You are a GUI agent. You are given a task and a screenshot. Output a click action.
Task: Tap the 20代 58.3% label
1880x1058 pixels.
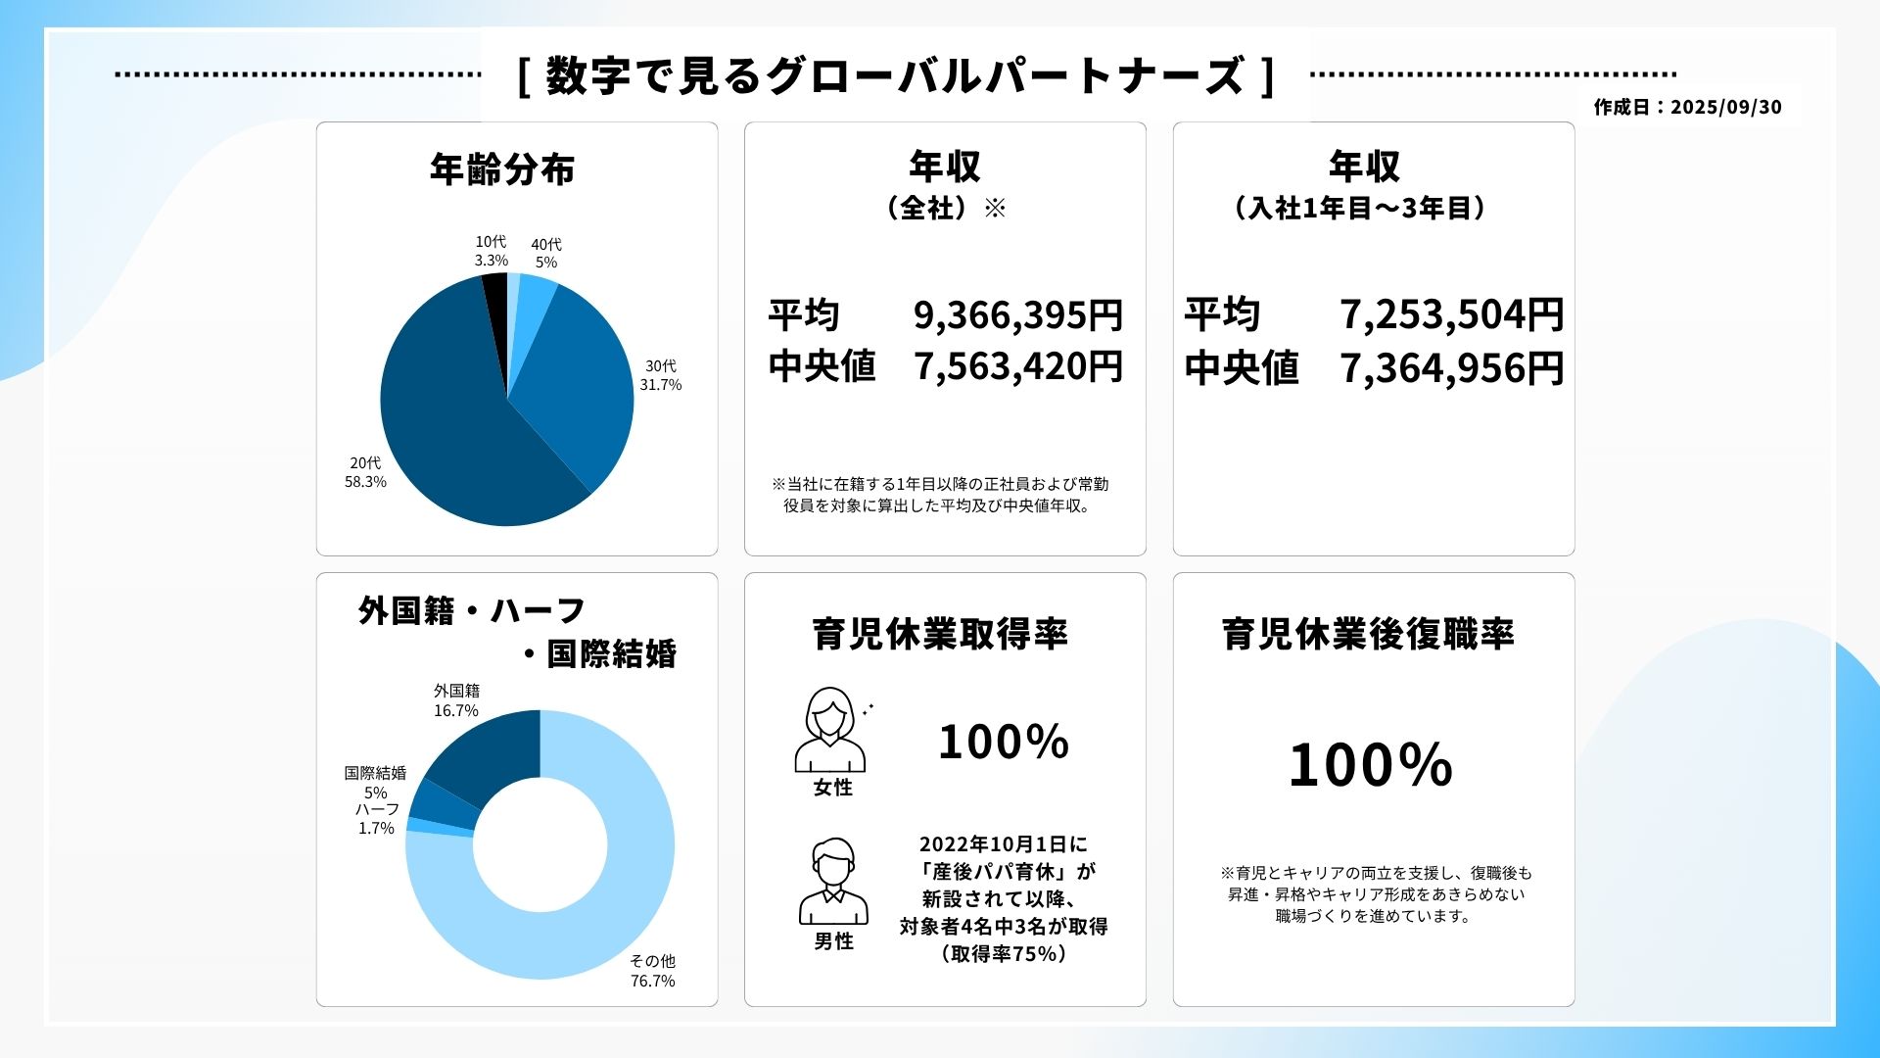(x=365, y=472)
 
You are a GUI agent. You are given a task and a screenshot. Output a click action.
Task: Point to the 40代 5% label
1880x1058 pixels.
(x=546, y=253)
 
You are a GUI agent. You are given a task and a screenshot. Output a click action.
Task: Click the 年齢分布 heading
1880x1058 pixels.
(x=502, y=169)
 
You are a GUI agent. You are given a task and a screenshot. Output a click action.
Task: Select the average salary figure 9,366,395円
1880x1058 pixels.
(x=1017, y=315)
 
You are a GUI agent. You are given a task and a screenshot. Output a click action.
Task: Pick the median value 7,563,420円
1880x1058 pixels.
(x=1017, y=366)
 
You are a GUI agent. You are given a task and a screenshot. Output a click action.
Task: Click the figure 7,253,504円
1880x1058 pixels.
(x=1451, y=315)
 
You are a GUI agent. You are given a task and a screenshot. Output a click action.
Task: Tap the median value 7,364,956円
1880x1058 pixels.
(x=1451, y=368)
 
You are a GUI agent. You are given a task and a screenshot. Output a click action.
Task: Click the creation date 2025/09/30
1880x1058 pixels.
(x=1726, y=107)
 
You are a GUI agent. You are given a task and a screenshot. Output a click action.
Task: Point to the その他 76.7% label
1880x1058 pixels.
(x=652, y=971)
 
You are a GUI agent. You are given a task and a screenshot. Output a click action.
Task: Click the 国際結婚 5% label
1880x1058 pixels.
(x=375, y=782)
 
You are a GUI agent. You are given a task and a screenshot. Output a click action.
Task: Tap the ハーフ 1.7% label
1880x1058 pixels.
(x=376, y=819)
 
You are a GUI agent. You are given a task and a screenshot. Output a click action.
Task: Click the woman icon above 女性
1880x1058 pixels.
(x=830, y=730)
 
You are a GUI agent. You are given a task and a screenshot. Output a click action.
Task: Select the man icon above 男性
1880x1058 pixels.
(x=833, y=882)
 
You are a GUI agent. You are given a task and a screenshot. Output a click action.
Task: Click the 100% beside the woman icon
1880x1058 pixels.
(x=1004, y=742)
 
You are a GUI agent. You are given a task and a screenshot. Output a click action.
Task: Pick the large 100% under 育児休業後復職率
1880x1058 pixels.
(x=1370, y=765)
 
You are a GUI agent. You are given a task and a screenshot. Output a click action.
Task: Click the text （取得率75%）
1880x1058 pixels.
(x=1004, y=954)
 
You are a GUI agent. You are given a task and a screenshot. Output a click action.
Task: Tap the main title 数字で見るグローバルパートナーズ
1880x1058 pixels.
(x=895, y=75)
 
